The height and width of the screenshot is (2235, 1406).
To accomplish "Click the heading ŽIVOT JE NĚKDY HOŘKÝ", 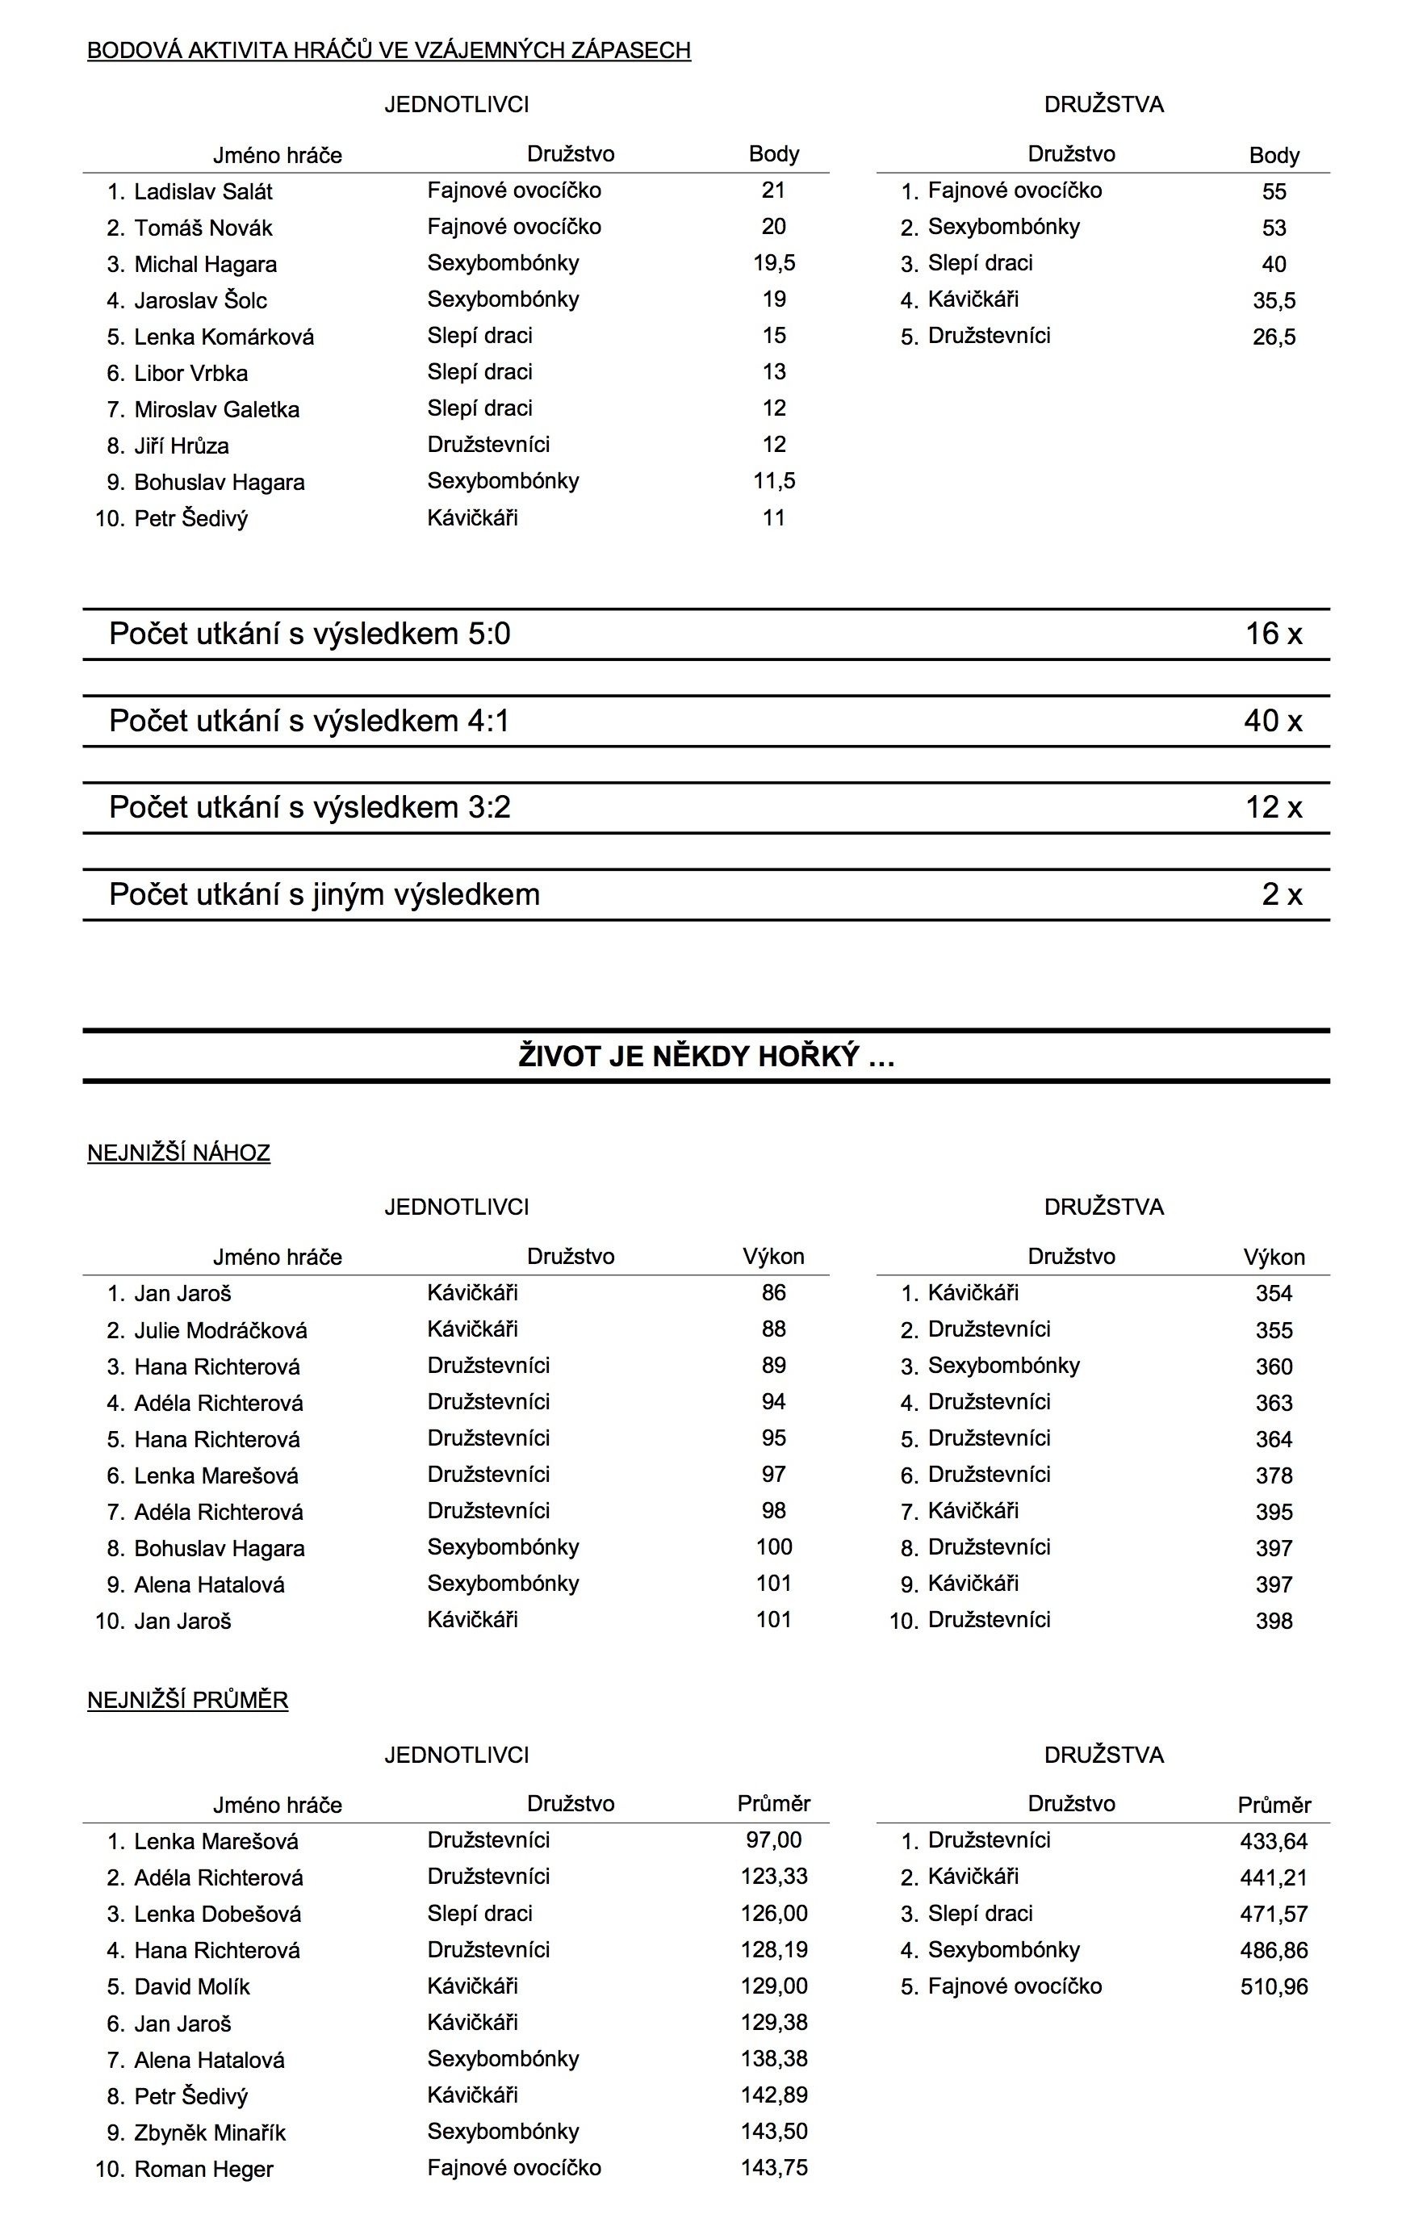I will tap(705, 1057).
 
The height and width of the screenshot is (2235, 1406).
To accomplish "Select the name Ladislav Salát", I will tap(203, 192).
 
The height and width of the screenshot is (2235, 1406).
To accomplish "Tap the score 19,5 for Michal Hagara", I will tap(773, 264).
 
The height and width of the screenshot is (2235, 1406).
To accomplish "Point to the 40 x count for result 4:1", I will tap(1272, 721).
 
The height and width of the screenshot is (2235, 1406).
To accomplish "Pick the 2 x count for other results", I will tap(1281, 895).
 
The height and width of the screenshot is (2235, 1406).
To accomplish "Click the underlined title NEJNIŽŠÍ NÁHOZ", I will tap(178, 1153).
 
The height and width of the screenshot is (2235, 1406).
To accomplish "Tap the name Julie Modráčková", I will tap(220, 1330).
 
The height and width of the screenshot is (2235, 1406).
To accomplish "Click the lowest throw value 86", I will tap(773, 1292).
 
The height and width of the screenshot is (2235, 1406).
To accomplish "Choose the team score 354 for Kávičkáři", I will tap(1274, 1293).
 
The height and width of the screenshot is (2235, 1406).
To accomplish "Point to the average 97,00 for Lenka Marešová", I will tap(773, 1839).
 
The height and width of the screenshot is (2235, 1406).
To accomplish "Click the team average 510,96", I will tap(1274, 1986).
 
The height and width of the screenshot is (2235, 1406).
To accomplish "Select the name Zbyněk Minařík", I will tap(210, 2132).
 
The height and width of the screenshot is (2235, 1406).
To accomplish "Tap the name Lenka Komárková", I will tap(224, 337).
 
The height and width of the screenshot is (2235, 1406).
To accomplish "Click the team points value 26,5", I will tap(1274, 337).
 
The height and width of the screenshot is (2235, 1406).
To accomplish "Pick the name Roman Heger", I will tap(203, 2169).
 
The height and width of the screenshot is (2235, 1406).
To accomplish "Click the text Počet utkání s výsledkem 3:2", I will tap(309, 807).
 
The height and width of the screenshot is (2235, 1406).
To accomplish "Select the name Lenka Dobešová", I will tap(217, 1914).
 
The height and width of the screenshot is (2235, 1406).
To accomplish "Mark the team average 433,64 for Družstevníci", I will tap(1274, 1840).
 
